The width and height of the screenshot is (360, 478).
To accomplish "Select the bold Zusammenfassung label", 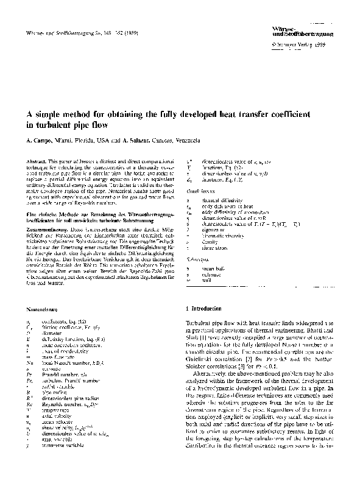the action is (52, 211).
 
